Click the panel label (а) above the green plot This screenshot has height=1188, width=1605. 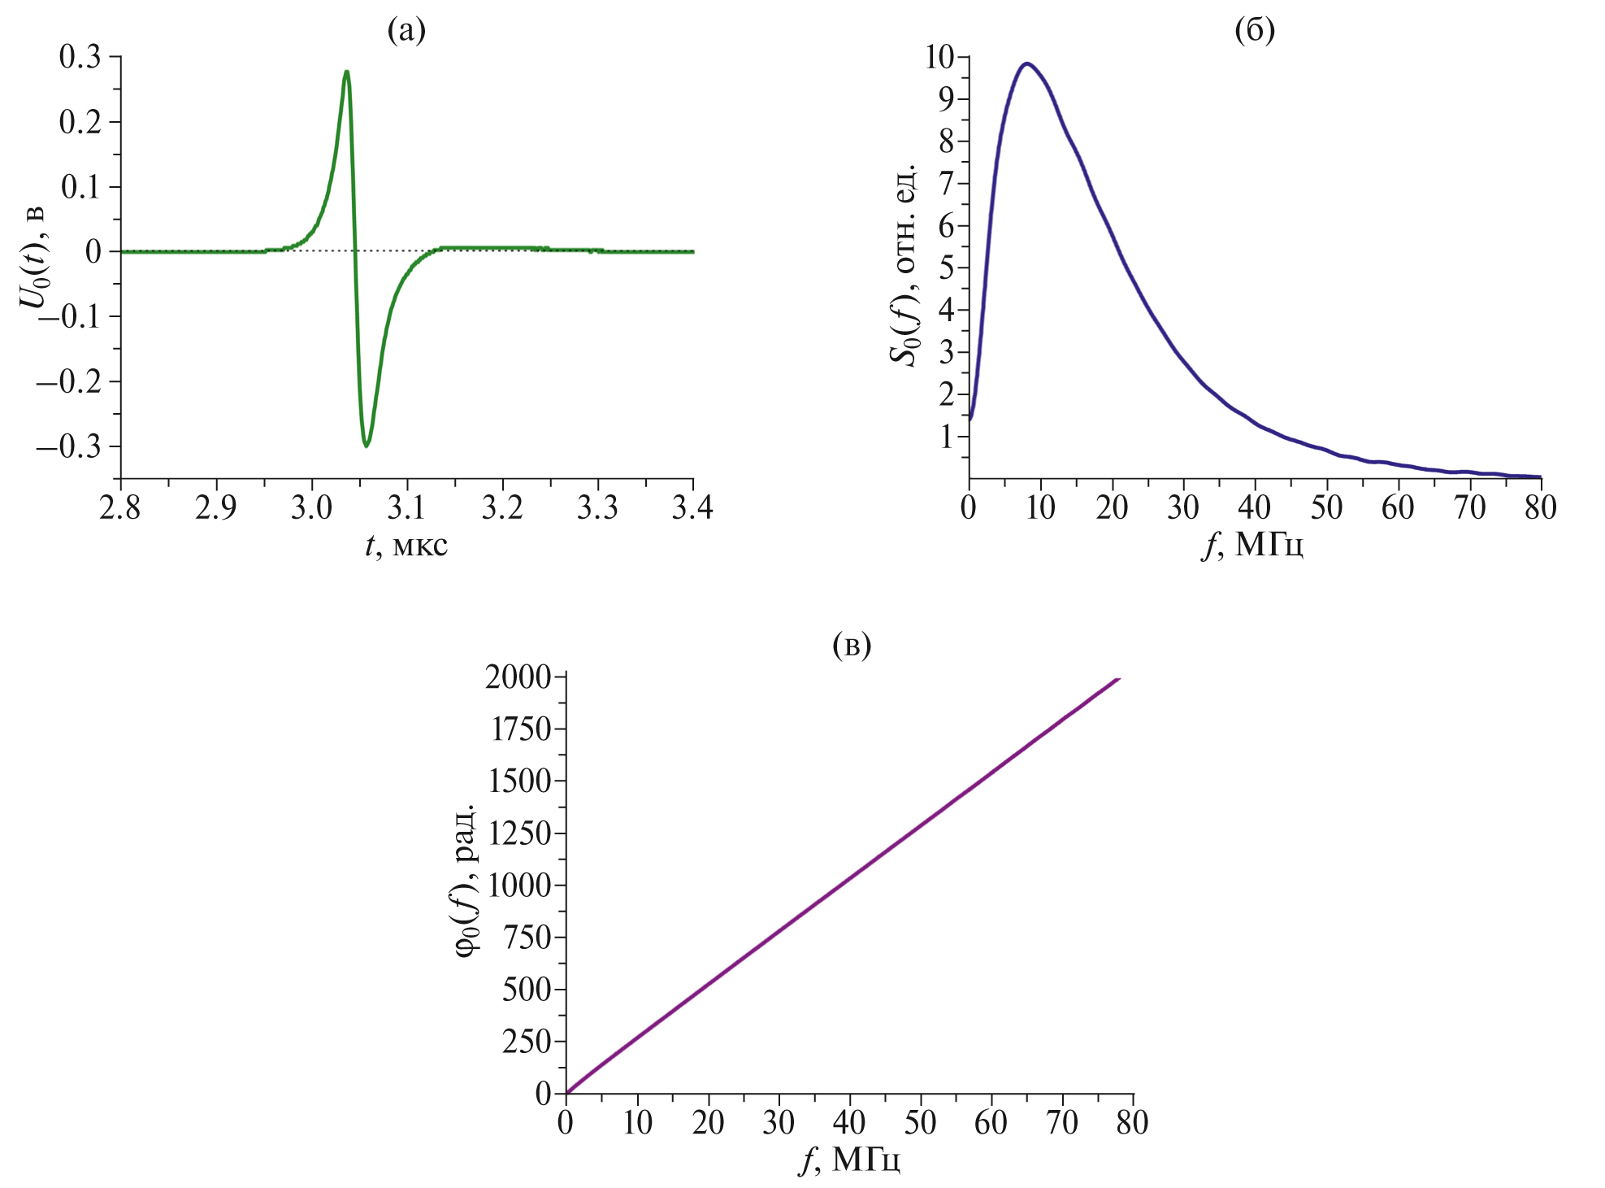(x=406, y=31)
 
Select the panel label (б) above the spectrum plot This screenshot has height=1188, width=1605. (x=1254, y=31)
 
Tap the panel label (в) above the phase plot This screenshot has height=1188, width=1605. (x=852, y=646)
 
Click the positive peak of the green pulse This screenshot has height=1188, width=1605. (x=347, y=72)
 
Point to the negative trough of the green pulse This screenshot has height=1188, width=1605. (x=367, y=446)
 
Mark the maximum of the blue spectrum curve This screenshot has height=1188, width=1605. (x=1027, y=63)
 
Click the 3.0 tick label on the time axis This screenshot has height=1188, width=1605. (x=311, y=507)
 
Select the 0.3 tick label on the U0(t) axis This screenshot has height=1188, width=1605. (x=80, y=57)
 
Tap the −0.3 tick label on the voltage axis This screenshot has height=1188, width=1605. (x=70, y=446)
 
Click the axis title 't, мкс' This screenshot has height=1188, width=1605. (x=406, y=545)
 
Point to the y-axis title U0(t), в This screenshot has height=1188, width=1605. (x=33, y=257)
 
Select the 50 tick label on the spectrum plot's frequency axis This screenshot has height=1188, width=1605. (x=1325, y=507)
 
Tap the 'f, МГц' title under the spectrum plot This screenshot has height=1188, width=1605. (x=1252, y=545)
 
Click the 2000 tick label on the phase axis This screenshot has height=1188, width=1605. (x=518, y=677)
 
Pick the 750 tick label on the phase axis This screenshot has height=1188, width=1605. (x=527, y=937)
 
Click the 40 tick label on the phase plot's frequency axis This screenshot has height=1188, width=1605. (x=849, y=1123)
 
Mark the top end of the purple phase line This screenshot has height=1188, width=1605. (x=1120, y=678)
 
